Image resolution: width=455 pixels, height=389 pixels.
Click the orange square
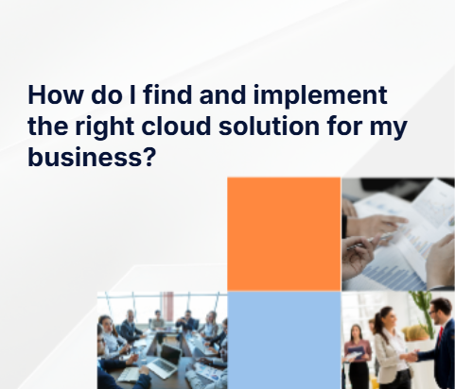click(x=284, y=233)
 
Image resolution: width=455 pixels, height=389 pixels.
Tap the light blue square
click(x=284, y=340)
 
